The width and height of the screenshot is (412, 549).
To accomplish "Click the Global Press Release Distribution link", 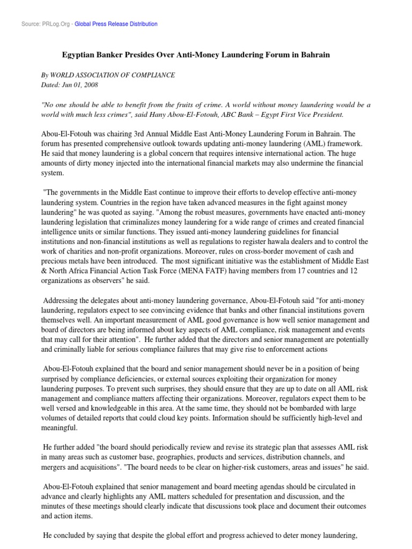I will coord(116,24).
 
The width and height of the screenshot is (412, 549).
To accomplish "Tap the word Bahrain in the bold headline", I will coord(314,55).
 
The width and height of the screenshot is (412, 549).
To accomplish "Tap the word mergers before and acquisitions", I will coord(55,466).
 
